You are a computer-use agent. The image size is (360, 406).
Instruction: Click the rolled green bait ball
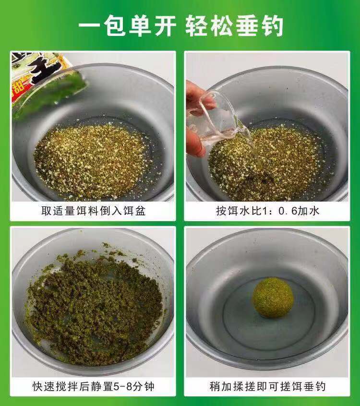click(273, 298)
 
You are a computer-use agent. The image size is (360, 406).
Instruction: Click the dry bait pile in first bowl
click(91, 161)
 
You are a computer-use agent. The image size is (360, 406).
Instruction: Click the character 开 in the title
click(166, 26)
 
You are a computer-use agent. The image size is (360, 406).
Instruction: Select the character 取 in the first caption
click(47, 211)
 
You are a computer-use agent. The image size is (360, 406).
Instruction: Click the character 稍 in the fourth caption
click(215, 386)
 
